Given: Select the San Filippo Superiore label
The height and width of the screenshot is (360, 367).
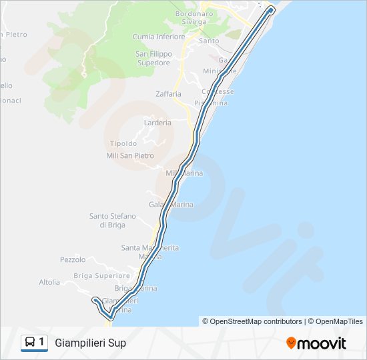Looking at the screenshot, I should click(153, 58).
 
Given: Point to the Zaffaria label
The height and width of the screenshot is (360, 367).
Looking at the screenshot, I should click(168, 94).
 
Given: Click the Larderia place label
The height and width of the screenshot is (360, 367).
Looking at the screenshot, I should click(157, 123).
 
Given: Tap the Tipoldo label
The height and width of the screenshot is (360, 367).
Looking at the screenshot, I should click(123, 143).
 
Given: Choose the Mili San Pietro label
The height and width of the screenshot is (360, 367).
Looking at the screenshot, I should click(129, 156).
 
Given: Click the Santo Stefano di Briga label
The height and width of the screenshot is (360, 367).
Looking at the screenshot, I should click(113, 220).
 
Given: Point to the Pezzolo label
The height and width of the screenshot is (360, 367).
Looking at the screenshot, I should click(73, 259).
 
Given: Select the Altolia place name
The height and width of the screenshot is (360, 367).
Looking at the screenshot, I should click(49, 282).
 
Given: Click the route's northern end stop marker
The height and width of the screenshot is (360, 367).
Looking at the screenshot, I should click(270, 9).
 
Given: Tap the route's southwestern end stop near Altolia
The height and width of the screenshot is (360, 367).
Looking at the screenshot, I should click(95, 300).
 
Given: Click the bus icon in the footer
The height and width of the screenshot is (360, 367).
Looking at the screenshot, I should click(30, 343).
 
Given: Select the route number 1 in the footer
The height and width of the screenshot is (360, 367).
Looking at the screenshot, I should click(42, 343).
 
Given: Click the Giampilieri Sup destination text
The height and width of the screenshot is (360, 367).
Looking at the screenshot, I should click(90, 343).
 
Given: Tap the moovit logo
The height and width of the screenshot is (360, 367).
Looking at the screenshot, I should click(316, 343).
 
